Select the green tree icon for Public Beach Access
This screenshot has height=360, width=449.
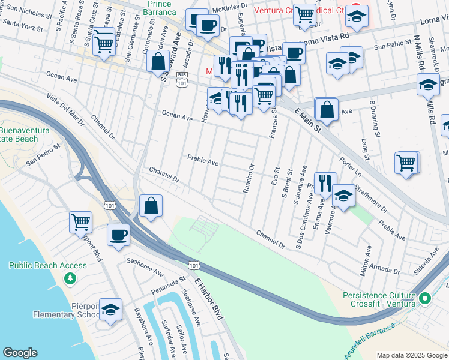click(x=70, y=278)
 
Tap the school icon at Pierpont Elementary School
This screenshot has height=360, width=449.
click(x=110, y=310)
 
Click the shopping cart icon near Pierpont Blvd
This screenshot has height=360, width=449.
click(x=80, y=222)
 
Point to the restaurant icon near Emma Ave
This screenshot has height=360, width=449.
click(x=325, y=182)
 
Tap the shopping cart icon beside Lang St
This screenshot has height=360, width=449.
click(x=406, y=162)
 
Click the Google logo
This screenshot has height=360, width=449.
click(x=20, y=353)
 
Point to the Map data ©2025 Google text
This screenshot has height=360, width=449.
click(x=411, y=355)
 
